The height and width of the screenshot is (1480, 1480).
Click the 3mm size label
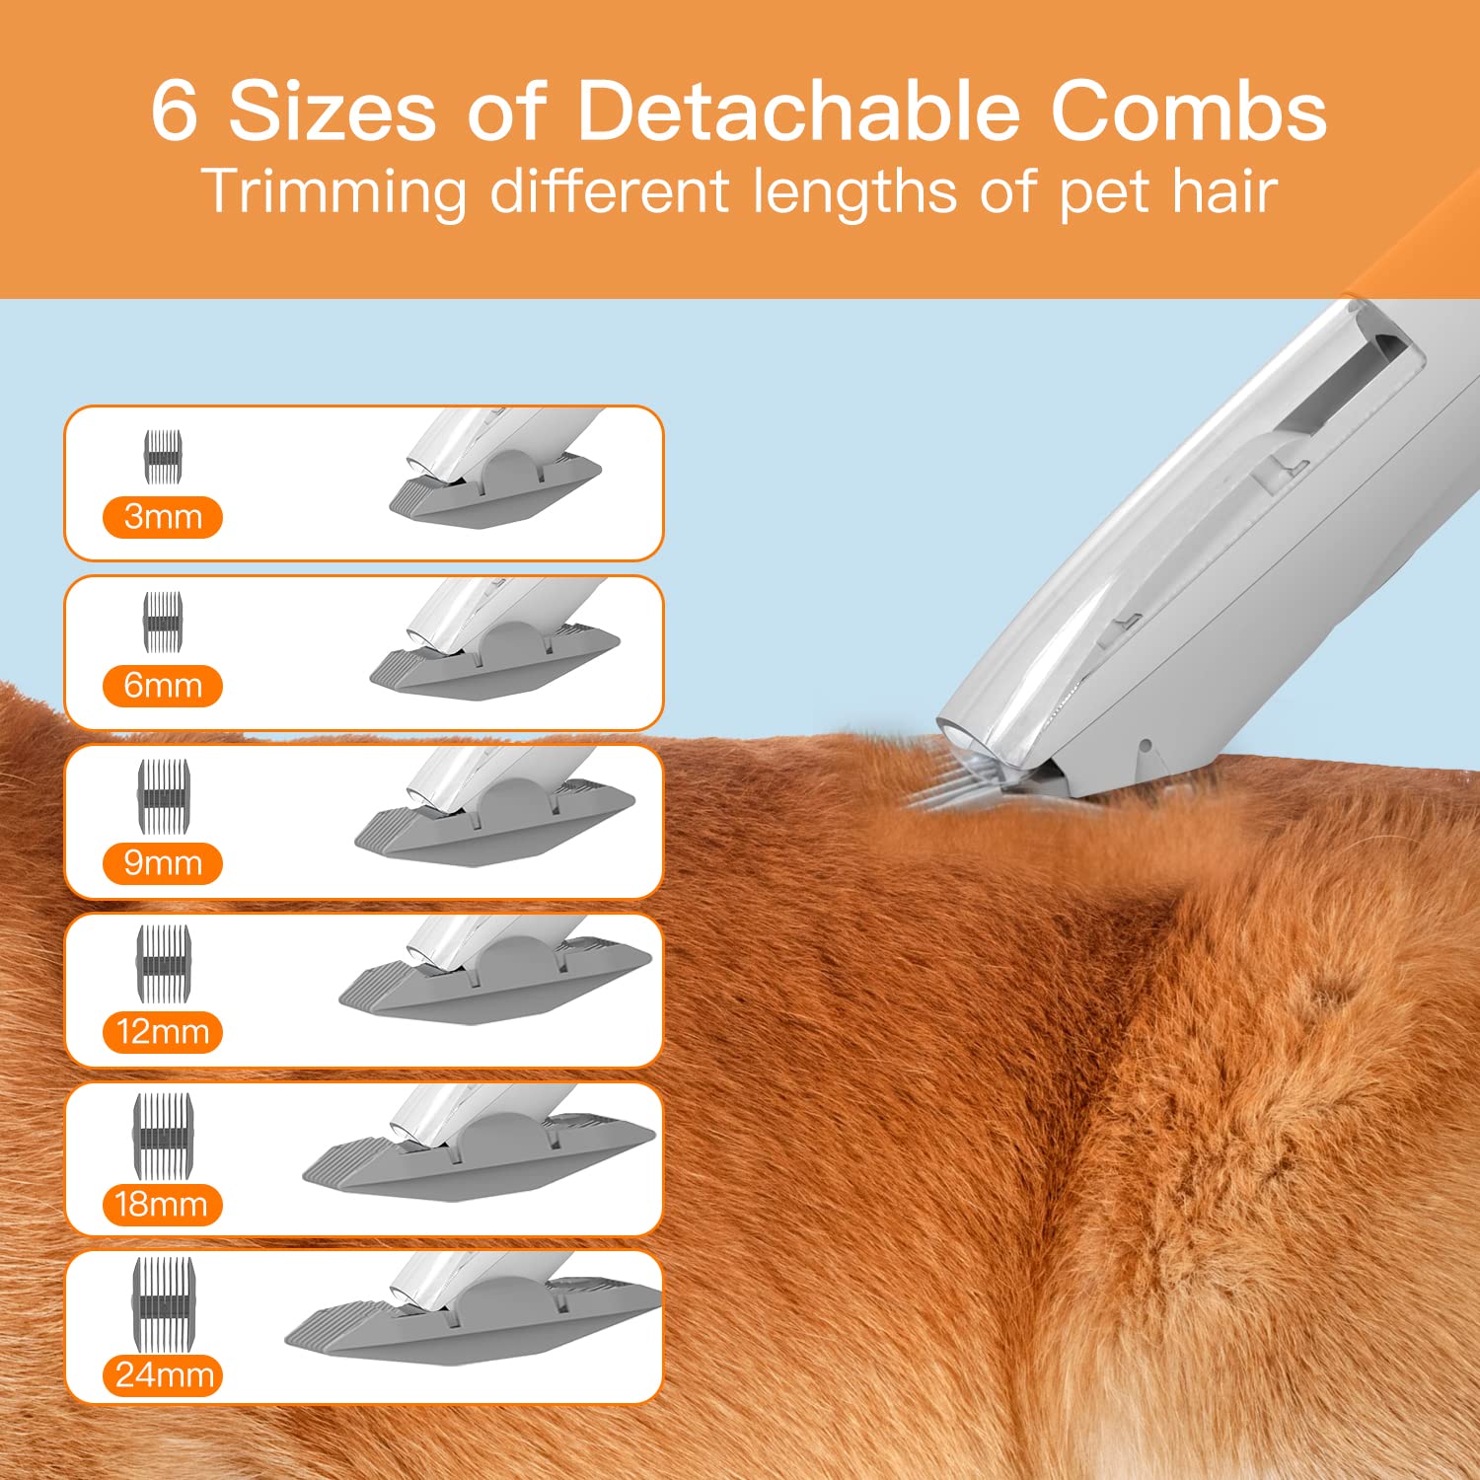[163, 517]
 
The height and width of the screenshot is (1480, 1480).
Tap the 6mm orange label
[163, 686]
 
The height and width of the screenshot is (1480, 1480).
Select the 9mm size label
[163, 863]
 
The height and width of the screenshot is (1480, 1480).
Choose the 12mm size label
[163, 1032]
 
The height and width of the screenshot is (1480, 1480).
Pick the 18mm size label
[162, 1204]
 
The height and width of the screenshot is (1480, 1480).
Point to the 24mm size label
[164, 1374]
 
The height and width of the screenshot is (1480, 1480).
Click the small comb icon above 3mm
[163, 457]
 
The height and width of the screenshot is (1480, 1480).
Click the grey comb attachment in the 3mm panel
[493, 493]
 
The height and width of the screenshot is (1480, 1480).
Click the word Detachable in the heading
[797, 111]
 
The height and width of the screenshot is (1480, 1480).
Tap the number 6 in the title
[175, 111]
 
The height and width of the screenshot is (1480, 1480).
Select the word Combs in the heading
[1188, 111]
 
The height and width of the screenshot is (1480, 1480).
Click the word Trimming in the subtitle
[334, 191]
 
